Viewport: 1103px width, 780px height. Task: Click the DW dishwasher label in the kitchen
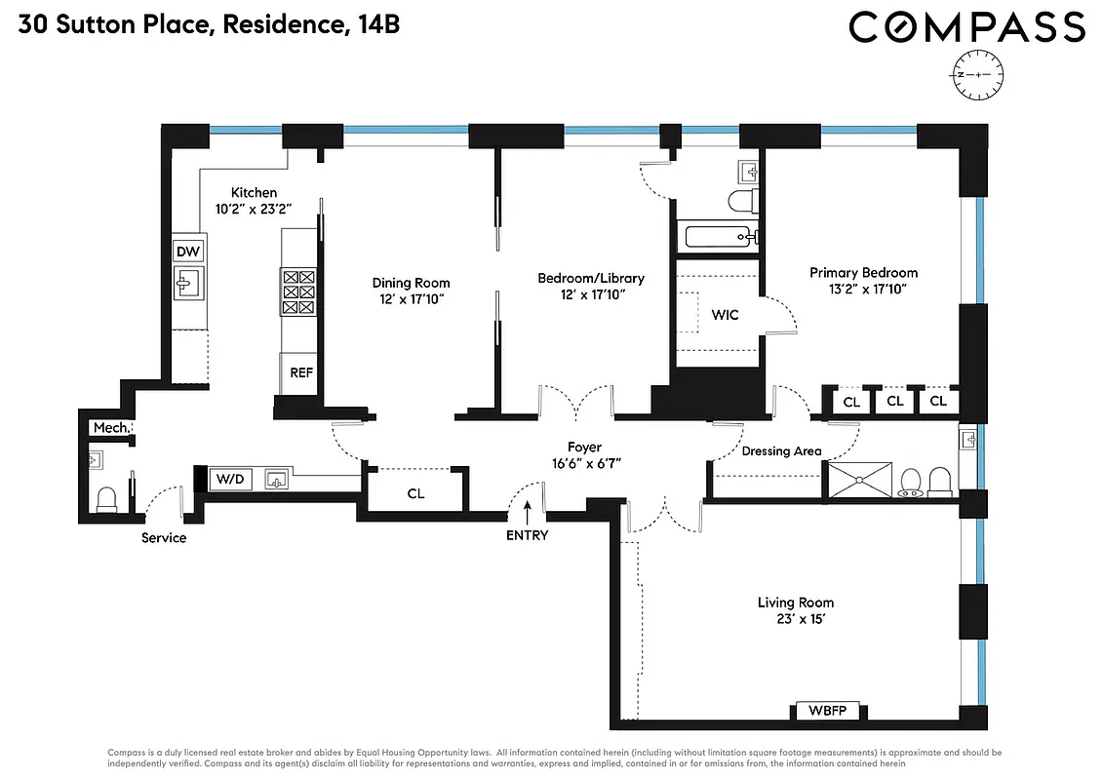188,252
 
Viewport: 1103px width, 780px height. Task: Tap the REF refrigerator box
299,373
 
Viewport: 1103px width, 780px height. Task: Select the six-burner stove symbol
298,292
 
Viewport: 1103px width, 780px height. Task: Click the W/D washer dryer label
230,479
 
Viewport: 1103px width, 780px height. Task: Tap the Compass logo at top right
966,28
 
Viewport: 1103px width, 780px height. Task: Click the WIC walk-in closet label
725,315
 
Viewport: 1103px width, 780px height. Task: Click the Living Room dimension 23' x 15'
796,620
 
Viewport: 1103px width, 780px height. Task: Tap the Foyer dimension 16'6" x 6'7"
585,464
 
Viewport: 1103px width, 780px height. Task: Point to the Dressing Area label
781,451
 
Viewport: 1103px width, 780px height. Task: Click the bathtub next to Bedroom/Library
717,237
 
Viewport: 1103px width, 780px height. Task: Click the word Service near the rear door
164,538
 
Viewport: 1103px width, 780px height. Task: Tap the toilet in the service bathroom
107,498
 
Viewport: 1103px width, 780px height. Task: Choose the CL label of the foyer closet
416,493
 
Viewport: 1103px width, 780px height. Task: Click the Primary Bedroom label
863,273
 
